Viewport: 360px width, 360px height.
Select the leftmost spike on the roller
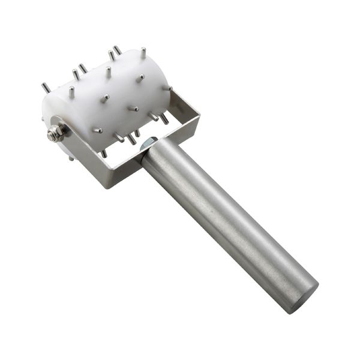[x=46, y=88]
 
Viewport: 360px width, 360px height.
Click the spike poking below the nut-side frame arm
[x=71, y=158]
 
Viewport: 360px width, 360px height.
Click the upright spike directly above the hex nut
[x=71, y=92]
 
